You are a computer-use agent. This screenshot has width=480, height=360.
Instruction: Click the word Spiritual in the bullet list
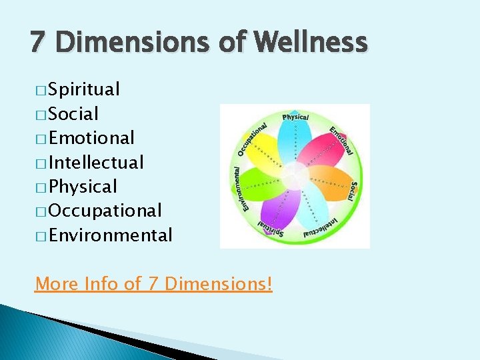tap(84, 89)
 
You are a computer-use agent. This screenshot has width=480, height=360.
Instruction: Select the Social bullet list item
tap(73, 114)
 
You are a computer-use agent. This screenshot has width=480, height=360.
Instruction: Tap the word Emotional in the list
tap(91, 138)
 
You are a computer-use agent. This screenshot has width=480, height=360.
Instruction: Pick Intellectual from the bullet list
tap(96, 162)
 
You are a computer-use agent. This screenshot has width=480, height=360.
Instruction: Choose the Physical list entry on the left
tap(83, 187)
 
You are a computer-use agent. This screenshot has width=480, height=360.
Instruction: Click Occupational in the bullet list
tap(105, 211)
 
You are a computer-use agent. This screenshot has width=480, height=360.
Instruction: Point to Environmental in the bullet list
tap(110, 235)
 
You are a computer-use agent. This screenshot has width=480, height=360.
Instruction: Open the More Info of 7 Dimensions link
tap(153, 284)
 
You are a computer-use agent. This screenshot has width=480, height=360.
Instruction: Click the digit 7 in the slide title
tap(38, 43)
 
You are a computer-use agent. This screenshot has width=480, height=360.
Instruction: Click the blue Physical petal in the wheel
tap(291, 143)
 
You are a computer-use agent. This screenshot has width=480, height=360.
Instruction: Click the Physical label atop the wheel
tap(295, 117)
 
